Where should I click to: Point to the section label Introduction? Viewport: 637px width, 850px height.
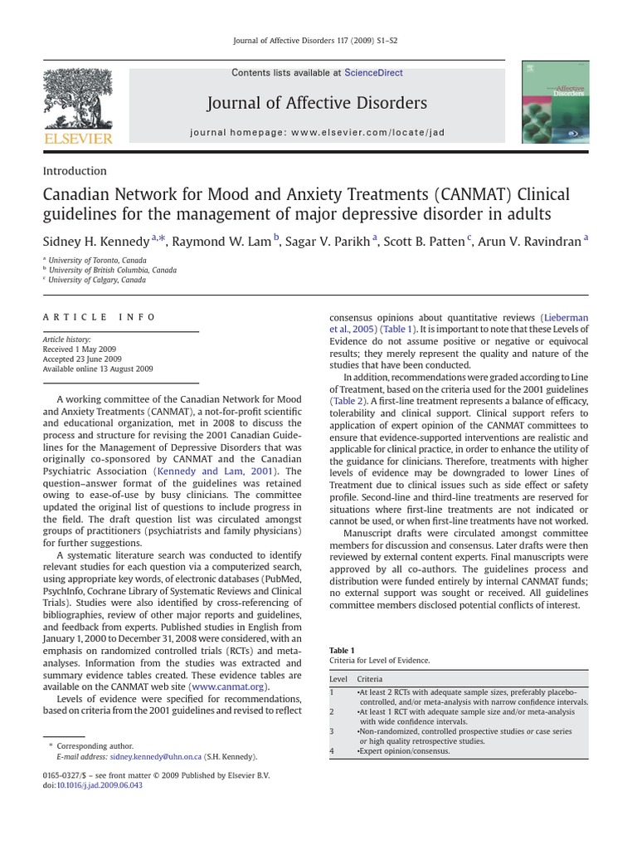coord(75,171)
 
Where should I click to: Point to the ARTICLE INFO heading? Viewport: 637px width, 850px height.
coord(99,317)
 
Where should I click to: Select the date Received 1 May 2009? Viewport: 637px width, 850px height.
coord(81,349)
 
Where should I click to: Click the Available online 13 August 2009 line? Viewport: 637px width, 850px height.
coord(97,369)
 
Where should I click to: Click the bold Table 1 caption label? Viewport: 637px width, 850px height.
coord(342,650)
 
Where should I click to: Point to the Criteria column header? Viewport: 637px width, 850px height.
coord(370,679)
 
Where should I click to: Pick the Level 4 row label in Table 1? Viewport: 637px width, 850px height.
coord(332,750)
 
